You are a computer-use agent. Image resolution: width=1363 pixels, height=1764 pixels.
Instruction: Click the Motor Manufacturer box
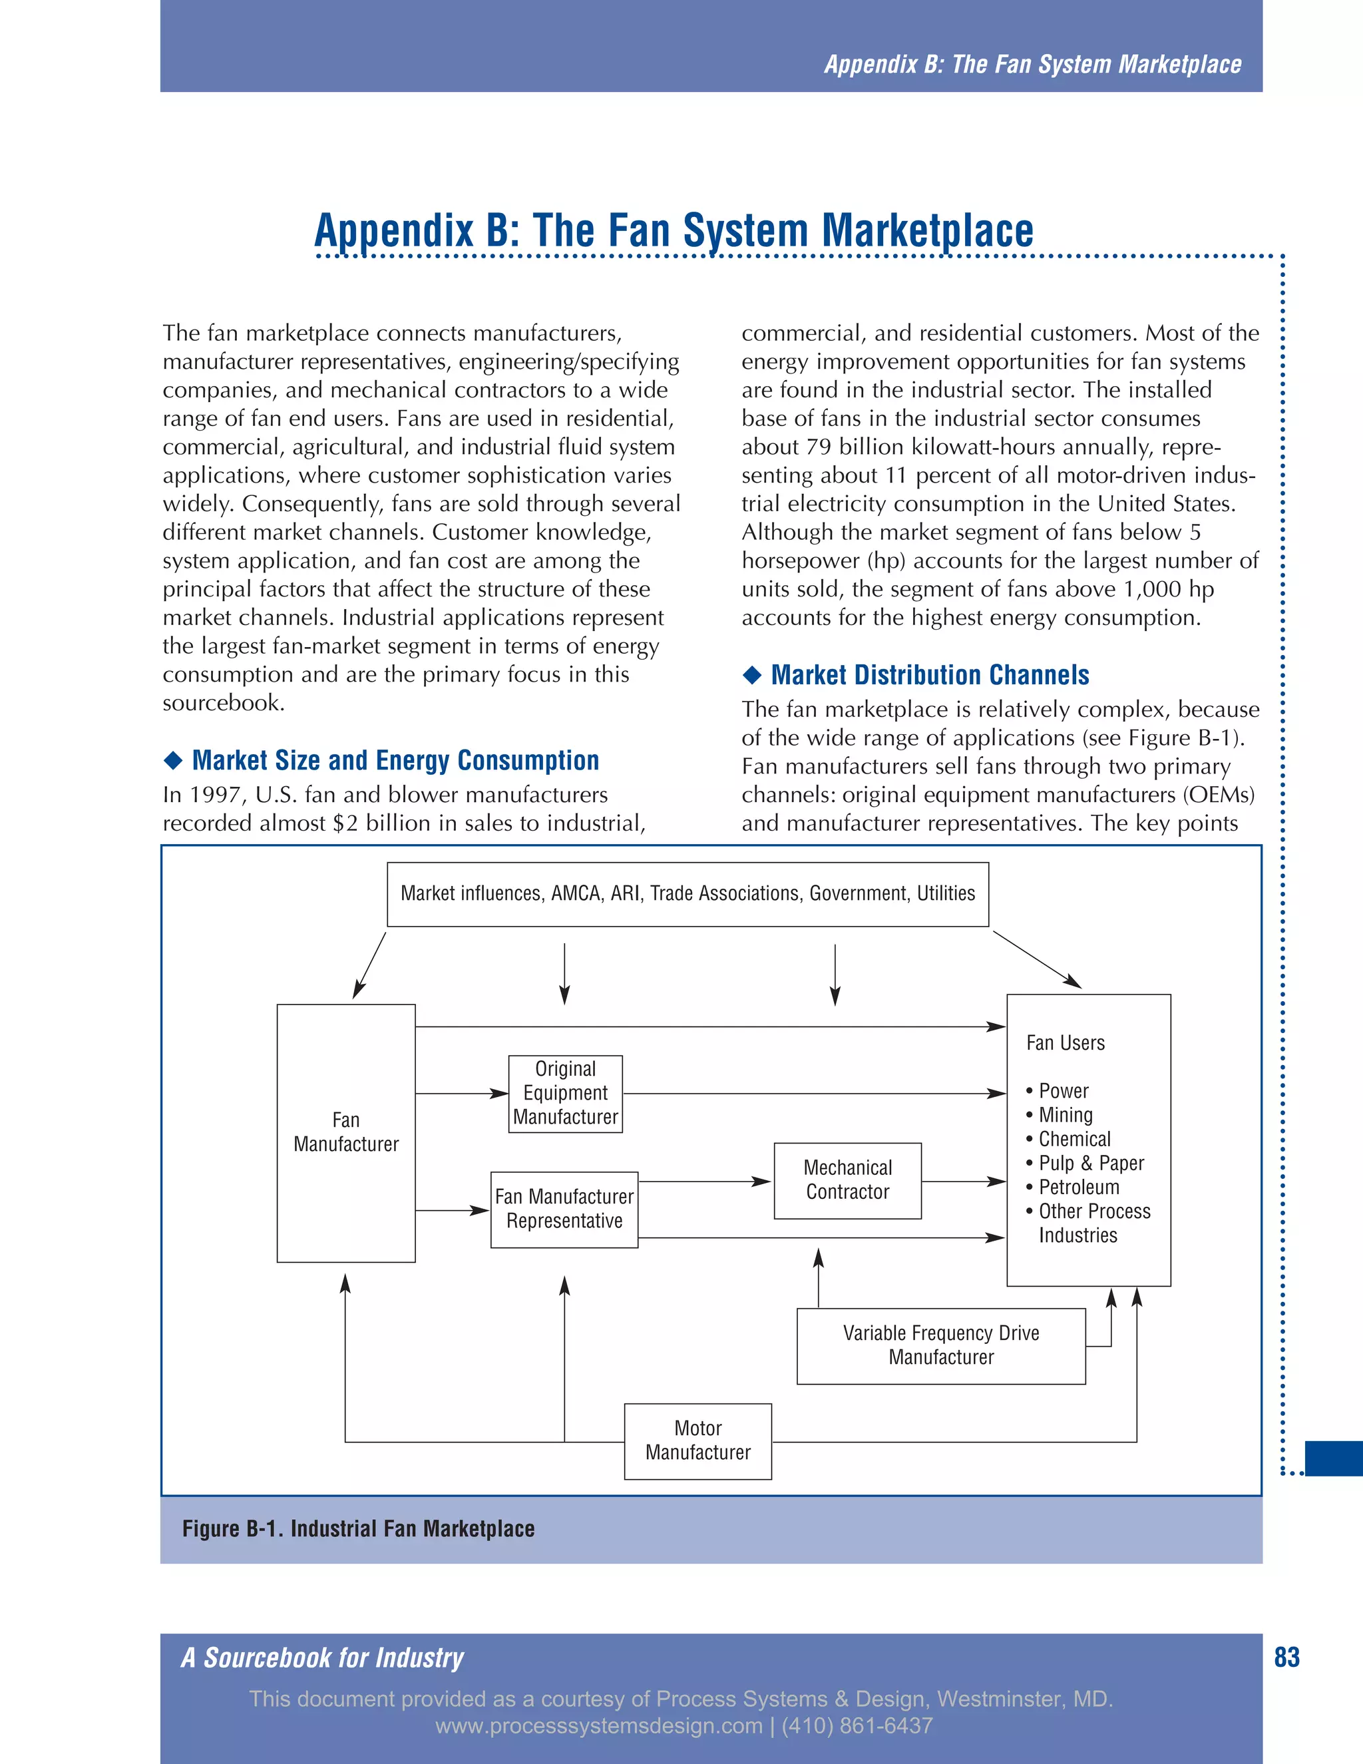point(697,1441)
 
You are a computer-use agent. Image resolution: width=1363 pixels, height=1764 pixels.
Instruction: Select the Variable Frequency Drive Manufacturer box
point(940,1345)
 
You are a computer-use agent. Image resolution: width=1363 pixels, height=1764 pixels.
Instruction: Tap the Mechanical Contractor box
point(847,1180)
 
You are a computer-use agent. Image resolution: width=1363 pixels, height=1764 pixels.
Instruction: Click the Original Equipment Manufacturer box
point(565,1093)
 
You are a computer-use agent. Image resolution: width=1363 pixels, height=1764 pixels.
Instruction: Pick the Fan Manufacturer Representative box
point(564,1209)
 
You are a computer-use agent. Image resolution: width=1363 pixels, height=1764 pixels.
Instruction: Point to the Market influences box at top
point(687,893)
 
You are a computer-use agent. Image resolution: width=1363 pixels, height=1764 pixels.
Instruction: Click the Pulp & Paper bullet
point(1090,1163)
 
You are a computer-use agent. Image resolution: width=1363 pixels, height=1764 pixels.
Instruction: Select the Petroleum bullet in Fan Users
point(1079,1188)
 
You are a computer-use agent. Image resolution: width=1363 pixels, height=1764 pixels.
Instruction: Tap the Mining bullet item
point(1065,1116)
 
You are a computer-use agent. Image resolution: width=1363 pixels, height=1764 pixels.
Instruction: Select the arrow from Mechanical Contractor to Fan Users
point(963,1182)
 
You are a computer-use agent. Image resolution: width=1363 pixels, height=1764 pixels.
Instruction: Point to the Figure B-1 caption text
point(359,1528)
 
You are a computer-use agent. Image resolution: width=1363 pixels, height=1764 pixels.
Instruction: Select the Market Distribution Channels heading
point(929,675)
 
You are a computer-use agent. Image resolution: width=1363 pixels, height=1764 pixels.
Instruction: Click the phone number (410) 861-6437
point(857,1726)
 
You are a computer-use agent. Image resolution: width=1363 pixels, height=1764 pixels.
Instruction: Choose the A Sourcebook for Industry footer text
point(322,1657)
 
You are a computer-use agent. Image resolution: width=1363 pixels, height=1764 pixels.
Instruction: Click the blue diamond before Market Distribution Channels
point(752,674)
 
